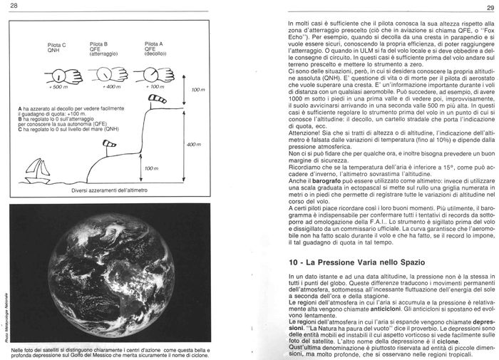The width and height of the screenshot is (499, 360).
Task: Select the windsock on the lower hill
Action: click(x=107, y=145)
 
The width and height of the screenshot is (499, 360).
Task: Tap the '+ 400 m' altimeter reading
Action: click(x=110, y=86)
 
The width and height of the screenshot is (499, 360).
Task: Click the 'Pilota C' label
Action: click(x=57, y=45)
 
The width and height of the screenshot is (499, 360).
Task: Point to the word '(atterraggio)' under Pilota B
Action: click(x=104, y=54)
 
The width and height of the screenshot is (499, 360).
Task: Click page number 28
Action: click(x=14, y=6)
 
